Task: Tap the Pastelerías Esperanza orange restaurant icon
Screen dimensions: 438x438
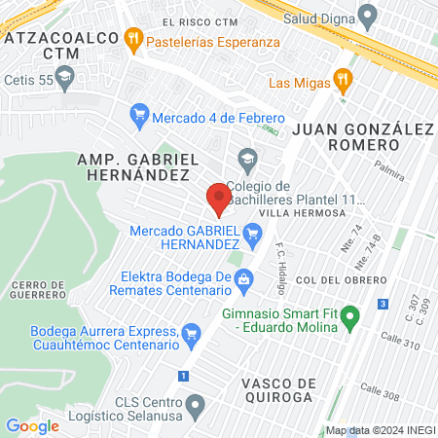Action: coord(134,42)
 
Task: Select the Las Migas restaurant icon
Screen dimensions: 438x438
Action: coord(341,80)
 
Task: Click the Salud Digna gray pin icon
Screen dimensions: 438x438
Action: coord(367,17)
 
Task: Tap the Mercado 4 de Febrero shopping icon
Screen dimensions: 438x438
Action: coord(140,115)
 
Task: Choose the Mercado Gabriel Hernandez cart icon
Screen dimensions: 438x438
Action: coord(253,233)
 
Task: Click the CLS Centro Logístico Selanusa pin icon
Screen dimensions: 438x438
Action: coord(196,404)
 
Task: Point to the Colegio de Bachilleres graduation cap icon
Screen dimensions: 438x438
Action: coord(247,158)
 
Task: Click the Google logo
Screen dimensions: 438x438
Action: coord(32,425)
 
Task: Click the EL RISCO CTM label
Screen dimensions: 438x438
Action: coord(201,21)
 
